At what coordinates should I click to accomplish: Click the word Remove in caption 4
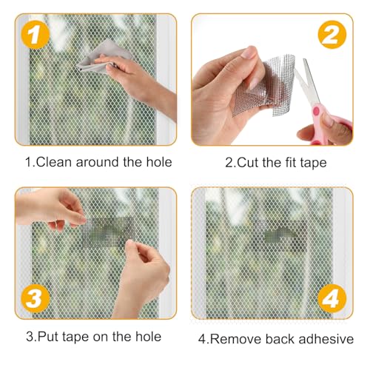(x=240, y=338)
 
